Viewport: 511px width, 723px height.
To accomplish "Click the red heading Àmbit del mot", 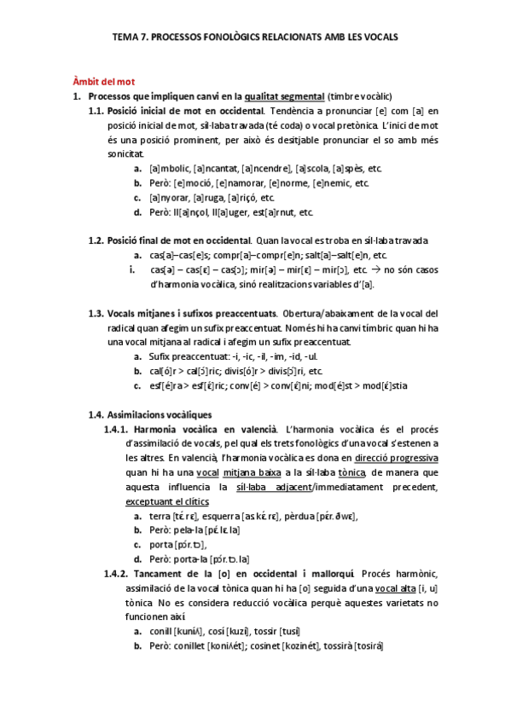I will [x=103, y=82].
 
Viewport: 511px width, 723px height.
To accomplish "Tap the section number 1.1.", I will [x=96, y=112].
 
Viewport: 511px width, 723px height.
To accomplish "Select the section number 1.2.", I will [x=96, y=240].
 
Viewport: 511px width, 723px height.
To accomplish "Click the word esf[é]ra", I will [x=169, y=385].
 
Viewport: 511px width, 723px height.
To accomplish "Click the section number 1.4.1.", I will [x=115, y=429].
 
